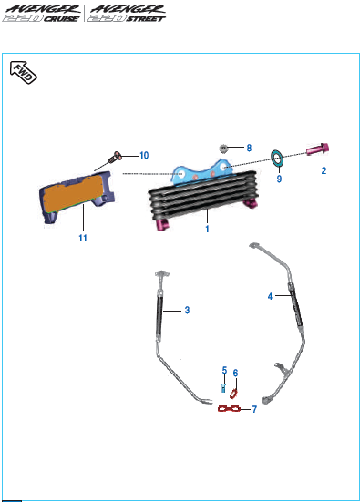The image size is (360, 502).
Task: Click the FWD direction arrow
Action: coord(24,72)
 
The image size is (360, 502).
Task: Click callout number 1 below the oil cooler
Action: coord(207,229)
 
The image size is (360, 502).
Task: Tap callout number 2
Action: coord(324,170)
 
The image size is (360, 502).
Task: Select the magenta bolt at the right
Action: coord(318,149)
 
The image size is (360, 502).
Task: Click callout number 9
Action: coord(279,179)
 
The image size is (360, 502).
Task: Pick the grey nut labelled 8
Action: coord(223,149)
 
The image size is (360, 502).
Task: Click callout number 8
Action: coord(249,148)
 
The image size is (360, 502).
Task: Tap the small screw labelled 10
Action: coord(116,157)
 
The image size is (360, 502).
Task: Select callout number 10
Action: coord(144,156)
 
